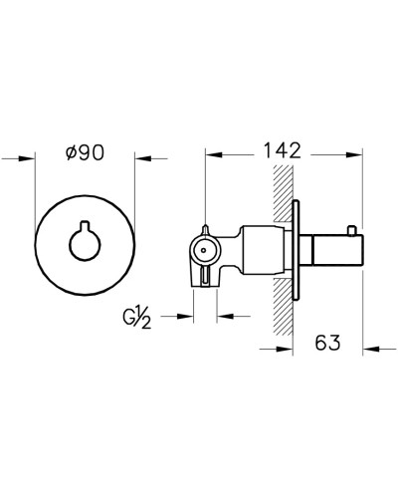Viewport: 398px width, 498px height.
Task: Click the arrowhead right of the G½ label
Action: click(x=186, y=318)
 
